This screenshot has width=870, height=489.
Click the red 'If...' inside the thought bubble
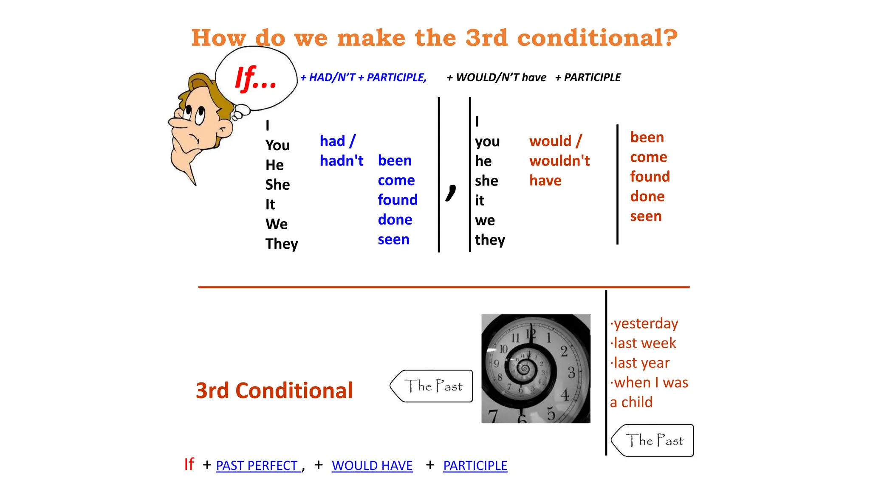[256, 79]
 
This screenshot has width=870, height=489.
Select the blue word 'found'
[398, 200]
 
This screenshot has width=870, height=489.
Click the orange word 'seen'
[646, 216]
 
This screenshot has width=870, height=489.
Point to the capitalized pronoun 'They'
[282, 244]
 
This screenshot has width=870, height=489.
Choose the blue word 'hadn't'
[342, 161]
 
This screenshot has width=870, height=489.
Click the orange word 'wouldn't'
[559, 161]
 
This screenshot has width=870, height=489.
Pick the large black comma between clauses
[451, 193]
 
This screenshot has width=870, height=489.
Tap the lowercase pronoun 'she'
[486, 181]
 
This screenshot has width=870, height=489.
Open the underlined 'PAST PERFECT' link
[257, 466]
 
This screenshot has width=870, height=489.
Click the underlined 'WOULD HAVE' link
[372, 466]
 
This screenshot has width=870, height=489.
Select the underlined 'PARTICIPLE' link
[475, 466]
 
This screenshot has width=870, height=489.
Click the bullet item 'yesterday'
[646, 323]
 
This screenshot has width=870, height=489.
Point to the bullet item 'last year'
[641, 363]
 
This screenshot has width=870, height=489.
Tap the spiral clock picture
[536, 368]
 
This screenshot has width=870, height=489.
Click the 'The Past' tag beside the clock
[432, 386]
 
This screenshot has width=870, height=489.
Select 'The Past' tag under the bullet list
[653, 440]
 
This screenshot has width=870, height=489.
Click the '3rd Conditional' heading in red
[274, 391]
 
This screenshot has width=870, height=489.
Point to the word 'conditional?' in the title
[597, 38]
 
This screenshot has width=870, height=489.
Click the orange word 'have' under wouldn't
[545, 181]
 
